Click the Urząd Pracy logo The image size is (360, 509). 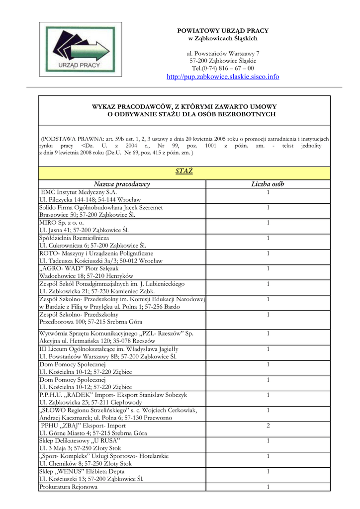pos(81,49)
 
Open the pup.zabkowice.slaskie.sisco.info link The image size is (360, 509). pos(222,77)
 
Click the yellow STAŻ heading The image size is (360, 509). pos(184,172)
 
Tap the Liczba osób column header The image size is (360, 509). pos(268,184)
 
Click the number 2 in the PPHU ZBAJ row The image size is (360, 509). pos(268,426)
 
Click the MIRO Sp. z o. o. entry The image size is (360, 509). pos(62,223)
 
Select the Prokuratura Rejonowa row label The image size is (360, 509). pos(68,487)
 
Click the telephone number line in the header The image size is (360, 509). pos(222,68)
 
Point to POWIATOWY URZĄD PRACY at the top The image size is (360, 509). pos(222,31)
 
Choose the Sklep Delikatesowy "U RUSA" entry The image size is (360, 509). pos(80,441)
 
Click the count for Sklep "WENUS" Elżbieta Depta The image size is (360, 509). pos(268,471)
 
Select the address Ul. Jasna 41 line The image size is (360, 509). pos(84,230)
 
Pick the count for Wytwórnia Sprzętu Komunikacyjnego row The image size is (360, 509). pos(268,334)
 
